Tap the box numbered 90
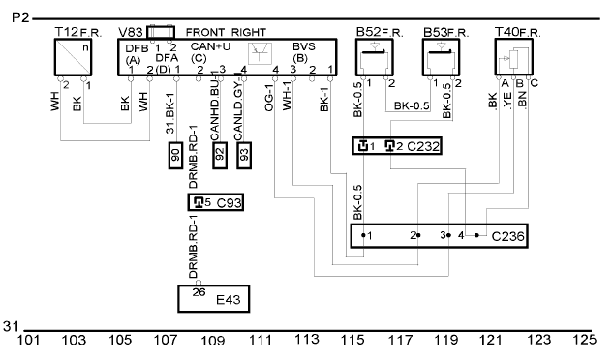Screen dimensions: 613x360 pos(175,156)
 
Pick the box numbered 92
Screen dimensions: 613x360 pos(220,156)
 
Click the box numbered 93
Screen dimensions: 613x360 pos(244,156)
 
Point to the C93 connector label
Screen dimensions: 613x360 pos(230,203)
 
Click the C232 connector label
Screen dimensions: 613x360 pos(423,146)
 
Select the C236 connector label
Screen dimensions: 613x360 pos(507,236)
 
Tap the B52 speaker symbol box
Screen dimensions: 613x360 pos(375,57)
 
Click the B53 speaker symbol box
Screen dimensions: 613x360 pos(441,57)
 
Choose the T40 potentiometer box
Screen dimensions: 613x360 pos(513,57)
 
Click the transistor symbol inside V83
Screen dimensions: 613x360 pos(261,53)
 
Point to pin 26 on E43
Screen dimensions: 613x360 pos(199,292)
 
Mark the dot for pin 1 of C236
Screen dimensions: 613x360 pos(363,235)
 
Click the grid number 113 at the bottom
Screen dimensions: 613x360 pos(306,340)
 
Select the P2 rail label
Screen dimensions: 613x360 pos(20,17)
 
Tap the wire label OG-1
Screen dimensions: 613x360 pos(269,98)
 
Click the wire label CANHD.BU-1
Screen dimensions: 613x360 pos(215,106)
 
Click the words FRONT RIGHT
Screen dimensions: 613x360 pos(226,32)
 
